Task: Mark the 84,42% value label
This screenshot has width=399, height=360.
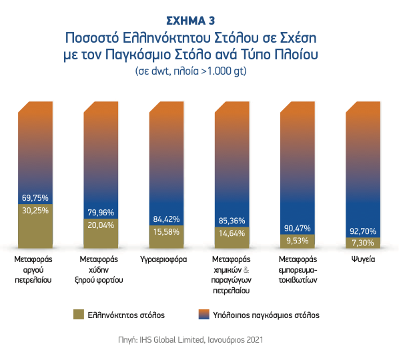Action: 167,219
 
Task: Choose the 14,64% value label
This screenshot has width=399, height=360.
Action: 232,233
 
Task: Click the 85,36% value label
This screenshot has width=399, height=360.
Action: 232,221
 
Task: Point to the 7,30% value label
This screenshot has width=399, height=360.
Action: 364,243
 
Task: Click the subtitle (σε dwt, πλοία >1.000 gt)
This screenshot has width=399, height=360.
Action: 199,70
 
